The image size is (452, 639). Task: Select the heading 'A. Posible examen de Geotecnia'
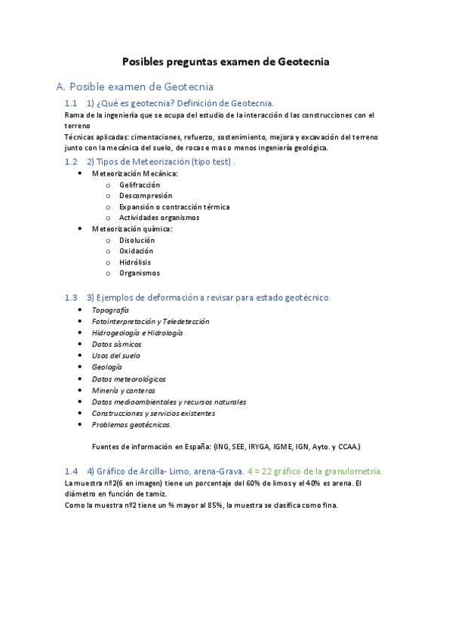[135, 87]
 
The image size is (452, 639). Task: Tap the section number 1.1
[71, 103]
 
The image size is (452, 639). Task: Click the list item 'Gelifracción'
[140, 185]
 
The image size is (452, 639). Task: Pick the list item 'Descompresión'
[146, 196]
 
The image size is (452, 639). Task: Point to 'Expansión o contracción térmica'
[174, 206]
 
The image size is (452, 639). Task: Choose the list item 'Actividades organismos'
[159, 218]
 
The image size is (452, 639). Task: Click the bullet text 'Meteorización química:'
[132, 229]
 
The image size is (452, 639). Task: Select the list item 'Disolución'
[137, 240]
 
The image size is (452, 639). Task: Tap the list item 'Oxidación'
[136, 251]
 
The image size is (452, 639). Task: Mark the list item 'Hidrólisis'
[135, 262]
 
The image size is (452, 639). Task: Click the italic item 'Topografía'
[110, 310]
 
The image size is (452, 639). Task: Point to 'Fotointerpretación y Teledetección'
[150, 321]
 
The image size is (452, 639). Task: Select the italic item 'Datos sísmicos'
[116, 344]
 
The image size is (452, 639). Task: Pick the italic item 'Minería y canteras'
[124, 390]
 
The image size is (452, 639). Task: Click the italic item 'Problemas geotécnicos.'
[131, 424]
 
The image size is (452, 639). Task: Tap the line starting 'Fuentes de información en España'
[226, 445]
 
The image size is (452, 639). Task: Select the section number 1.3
[71, 298]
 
